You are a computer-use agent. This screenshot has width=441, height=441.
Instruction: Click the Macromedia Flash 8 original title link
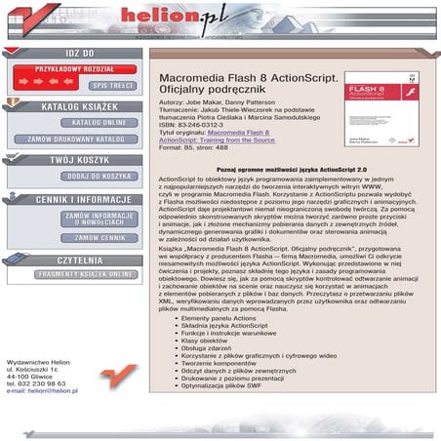[x=238, y=131]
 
